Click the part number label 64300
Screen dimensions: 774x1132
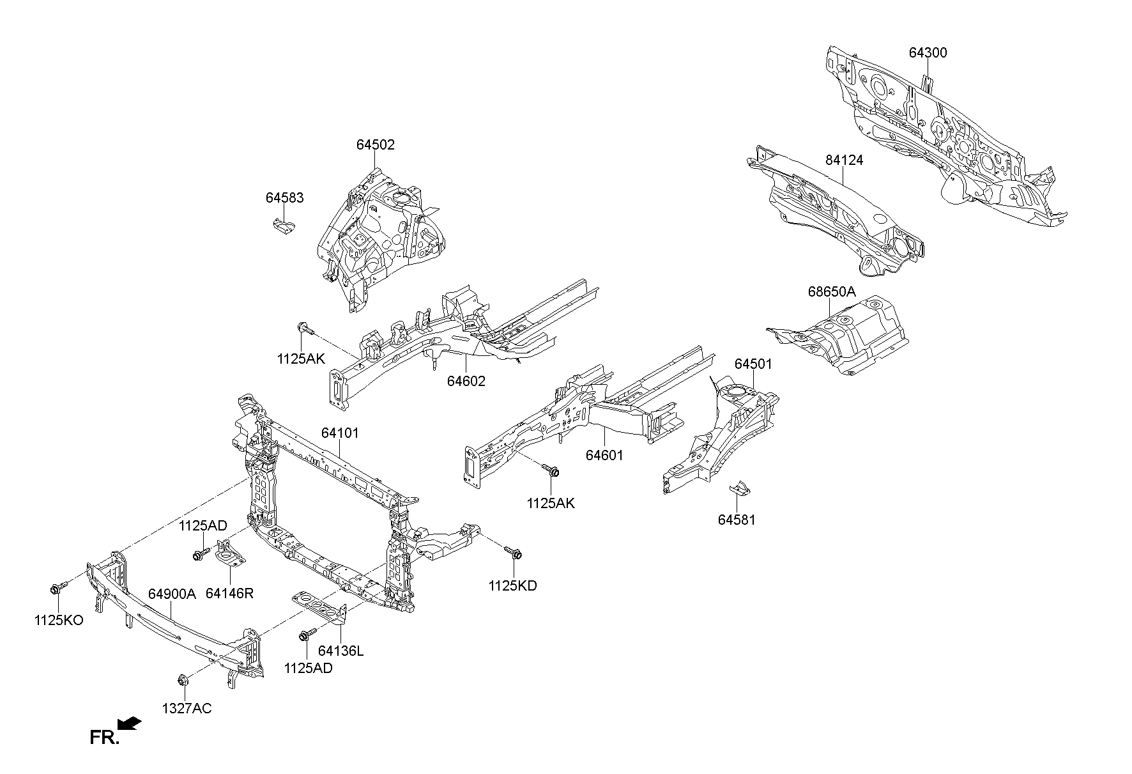[928, 53]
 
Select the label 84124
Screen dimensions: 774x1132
[844, 160]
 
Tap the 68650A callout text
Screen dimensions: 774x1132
[831, 292]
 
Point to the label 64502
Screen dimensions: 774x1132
[376, 145]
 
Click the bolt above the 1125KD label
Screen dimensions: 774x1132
[514, 552]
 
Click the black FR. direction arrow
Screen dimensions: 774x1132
[130, 724]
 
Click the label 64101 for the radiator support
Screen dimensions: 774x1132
[340, 433]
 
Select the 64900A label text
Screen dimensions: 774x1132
[172, 594]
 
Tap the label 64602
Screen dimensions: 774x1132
[466, 382]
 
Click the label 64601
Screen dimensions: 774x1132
[604, 455]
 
